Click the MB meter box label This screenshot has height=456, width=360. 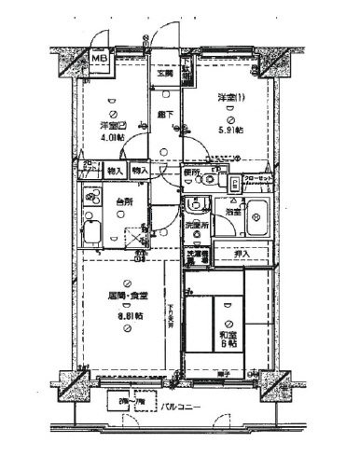[x=98, y=62]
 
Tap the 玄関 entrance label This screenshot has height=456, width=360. [x=165, y=74]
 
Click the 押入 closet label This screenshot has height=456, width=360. [x=242, y=253]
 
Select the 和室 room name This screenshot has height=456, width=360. [x=228, y=334]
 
